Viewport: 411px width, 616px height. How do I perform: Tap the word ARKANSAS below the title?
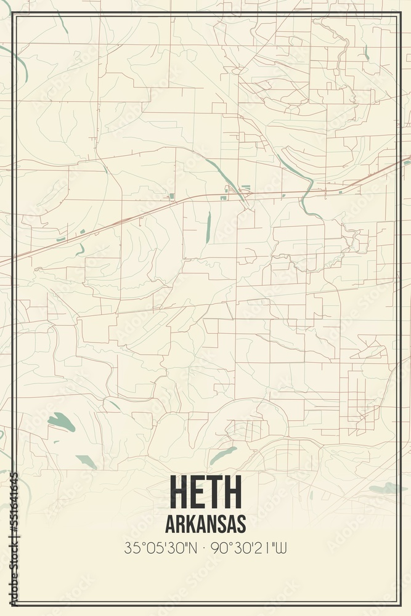(205, 524)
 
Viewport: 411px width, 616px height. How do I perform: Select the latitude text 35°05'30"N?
(160, 548)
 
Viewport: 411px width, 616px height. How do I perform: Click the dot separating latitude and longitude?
(205, 548)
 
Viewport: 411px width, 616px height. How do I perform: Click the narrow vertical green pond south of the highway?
(208, 227)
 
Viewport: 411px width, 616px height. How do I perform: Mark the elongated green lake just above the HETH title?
(222, 455)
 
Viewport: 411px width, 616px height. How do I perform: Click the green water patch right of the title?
(387, 489)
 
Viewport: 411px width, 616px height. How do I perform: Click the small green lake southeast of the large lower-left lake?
(86, 461)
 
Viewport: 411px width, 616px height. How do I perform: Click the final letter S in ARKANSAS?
(241, 524)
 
